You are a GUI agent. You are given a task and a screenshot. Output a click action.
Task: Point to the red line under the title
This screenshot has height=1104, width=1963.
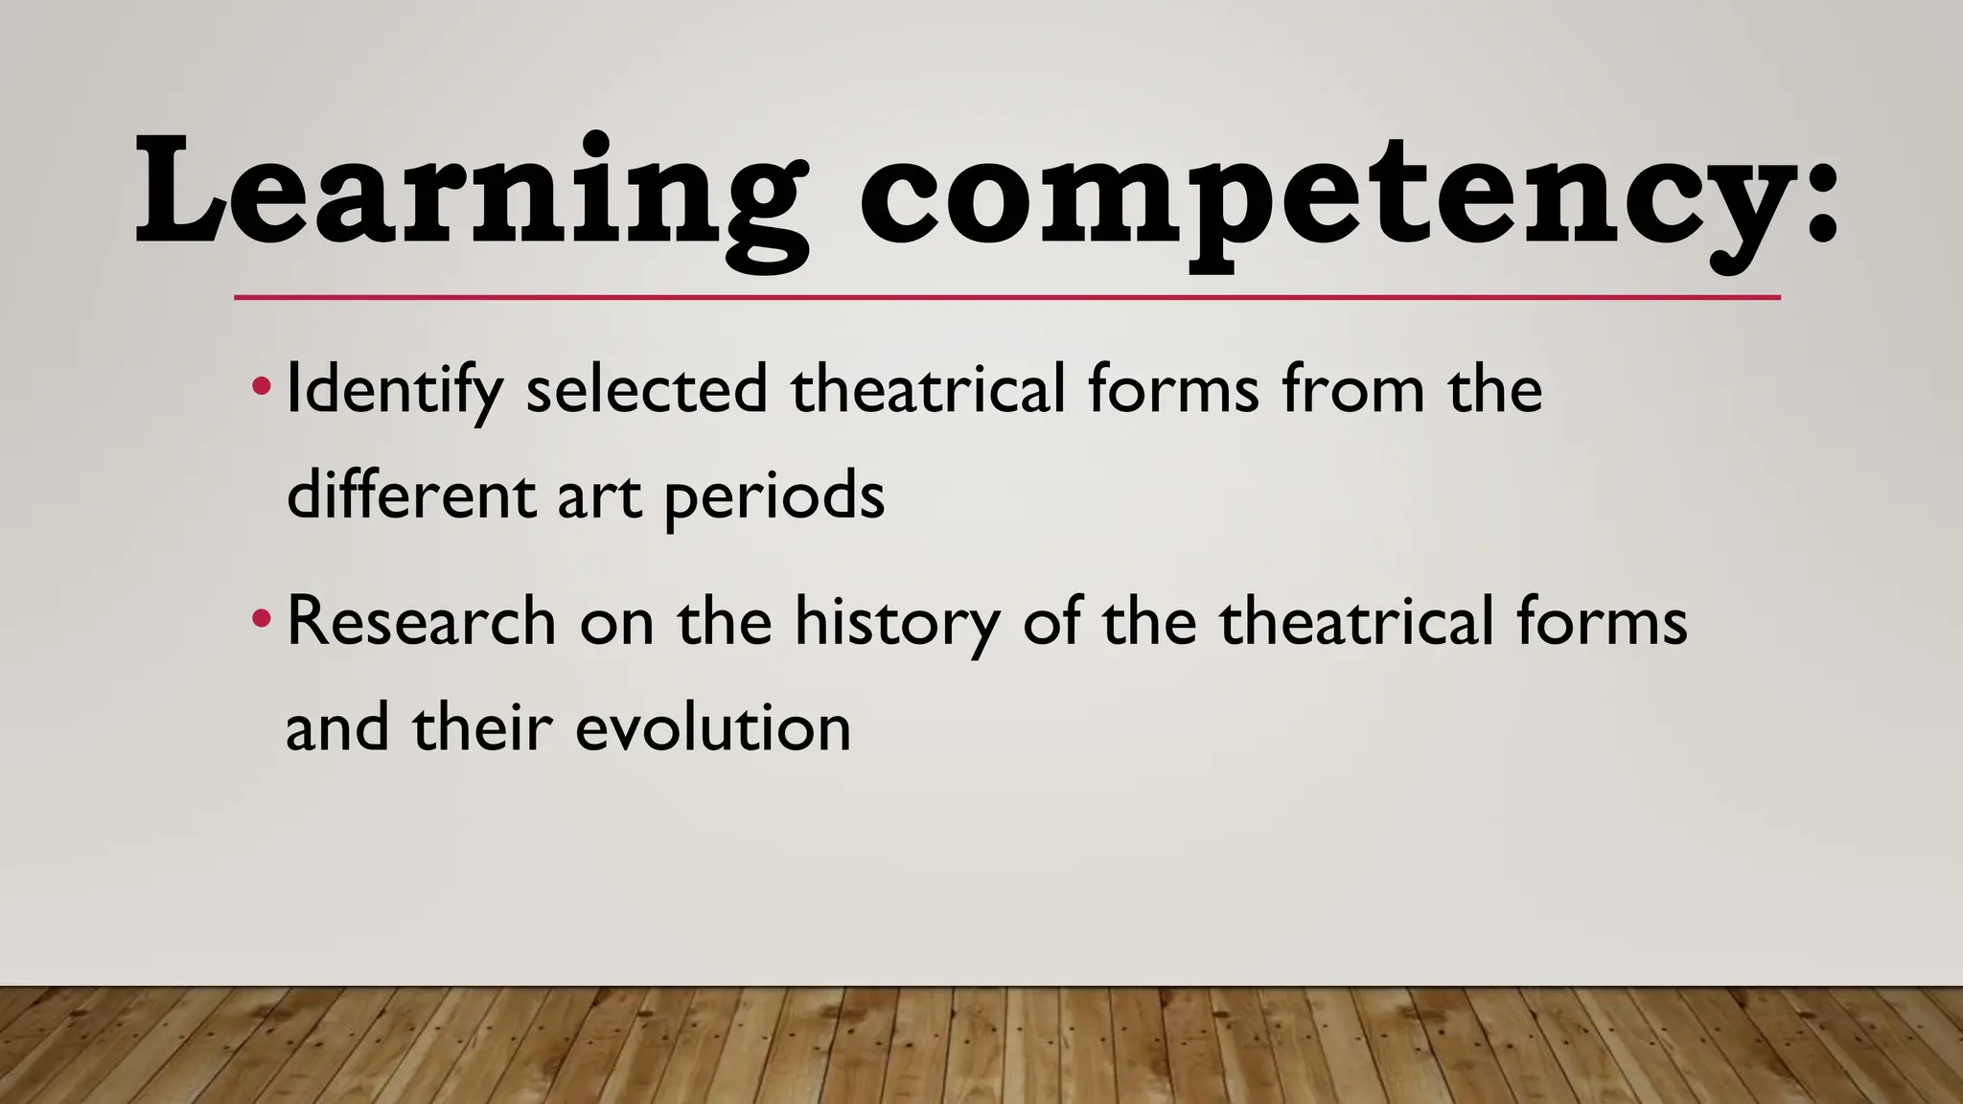[x=1006, y=298]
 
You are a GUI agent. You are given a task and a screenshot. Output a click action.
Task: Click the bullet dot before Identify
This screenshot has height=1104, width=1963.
[x=260, y=388]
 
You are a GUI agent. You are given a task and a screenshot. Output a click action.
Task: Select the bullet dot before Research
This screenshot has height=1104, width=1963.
[x=260, y=620]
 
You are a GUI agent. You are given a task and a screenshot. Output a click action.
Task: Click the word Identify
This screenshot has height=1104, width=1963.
[x=394, y=391]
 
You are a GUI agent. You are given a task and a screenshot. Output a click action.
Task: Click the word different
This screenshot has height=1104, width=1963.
[x=411, y=495]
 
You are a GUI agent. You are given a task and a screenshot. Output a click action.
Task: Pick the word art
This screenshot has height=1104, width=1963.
[x=598, y=497]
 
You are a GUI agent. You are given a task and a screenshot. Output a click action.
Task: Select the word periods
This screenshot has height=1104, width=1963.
[x=774, y=497]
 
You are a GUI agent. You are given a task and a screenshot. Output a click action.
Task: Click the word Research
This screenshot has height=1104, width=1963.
[x=421, y=621]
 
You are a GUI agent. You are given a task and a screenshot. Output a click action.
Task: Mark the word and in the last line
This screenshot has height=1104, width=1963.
[x=337, y=727]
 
